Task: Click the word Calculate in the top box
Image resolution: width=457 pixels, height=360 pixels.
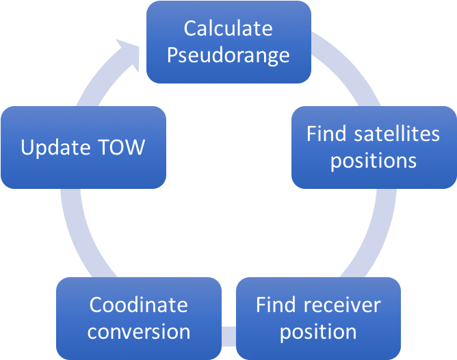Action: coord(228,29)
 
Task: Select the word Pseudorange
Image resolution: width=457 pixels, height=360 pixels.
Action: coord(228,55)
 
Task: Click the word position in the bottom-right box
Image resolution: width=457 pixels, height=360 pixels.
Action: coord(318,332)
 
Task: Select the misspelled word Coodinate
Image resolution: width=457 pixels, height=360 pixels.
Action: coord(138,305)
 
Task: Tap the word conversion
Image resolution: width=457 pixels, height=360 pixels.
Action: coord(138,332)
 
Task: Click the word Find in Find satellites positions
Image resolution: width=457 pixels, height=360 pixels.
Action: coord(326,133)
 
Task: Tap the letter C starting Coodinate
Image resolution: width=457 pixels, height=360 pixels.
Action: coord(96,305)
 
